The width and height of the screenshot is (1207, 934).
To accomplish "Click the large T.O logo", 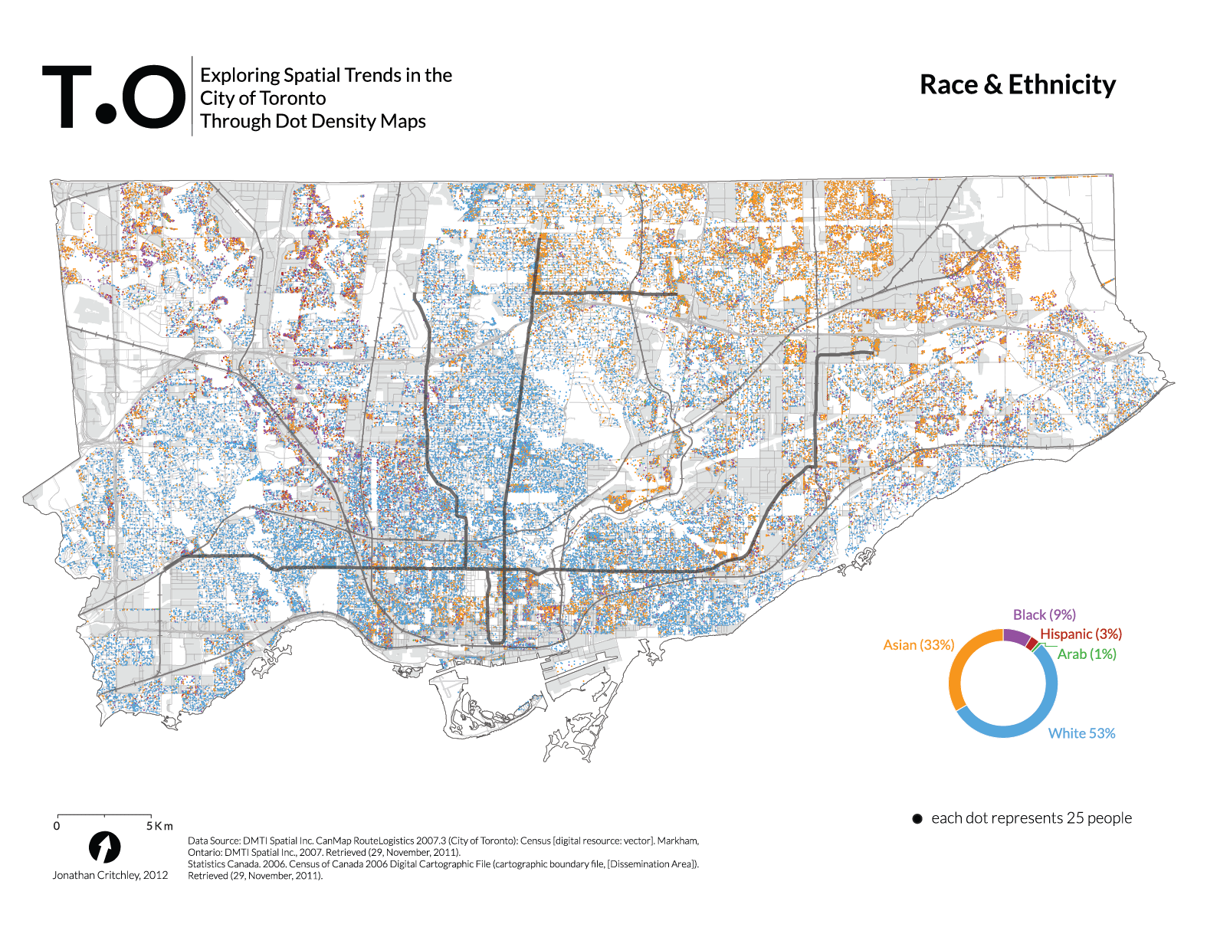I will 113,97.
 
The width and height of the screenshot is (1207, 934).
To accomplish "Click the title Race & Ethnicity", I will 1017,85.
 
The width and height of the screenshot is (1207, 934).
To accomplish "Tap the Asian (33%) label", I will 918,645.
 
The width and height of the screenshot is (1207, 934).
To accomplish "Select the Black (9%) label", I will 1044,614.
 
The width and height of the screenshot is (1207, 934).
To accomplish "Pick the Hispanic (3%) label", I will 1080,634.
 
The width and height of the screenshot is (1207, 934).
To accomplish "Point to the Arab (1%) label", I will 1086,654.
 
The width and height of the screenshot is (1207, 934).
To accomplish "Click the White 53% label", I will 1081,733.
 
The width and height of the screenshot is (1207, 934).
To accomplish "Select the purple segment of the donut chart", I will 1016,635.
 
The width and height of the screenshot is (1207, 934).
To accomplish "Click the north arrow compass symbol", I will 104,847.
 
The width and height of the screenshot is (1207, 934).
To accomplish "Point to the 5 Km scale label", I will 159,826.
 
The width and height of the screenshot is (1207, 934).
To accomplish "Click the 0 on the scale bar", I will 57,826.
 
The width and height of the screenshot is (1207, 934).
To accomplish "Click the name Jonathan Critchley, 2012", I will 110,875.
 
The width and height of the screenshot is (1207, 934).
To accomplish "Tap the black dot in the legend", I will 917,819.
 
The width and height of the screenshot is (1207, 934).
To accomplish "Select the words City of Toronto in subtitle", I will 263,98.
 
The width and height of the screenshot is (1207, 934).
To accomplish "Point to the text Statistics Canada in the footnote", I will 223,864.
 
